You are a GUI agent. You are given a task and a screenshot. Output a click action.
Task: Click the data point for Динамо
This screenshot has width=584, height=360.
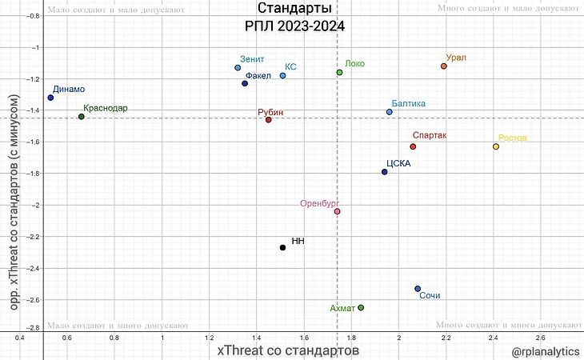coord(50,98)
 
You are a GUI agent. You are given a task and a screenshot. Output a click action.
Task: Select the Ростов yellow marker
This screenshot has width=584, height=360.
coord(496,146)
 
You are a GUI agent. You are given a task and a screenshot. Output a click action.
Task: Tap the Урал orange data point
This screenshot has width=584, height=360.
coord(444,66)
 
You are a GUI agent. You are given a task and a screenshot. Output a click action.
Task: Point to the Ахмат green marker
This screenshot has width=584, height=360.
coord(361,308)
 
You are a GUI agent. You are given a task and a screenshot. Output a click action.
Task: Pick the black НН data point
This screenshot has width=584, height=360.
coord(282,248)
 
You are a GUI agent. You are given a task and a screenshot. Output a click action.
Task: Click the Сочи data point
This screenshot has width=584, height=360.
coord(418,289)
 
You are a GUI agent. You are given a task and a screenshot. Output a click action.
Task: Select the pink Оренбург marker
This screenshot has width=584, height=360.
coord(337,211)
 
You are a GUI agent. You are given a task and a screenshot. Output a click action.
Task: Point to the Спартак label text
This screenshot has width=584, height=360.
coord(430,136)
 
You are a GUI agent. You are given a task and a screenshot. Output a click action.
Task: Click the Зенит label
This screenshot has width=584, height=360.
coord(252,59)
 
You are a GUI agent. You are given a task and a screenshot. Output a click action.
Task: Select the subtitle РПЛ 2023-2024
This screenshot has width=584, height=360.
coord(294,26)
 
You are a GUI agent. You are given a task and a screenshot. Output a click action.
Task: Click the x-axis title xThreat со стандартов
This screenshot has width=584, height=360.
coord(288,350)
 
